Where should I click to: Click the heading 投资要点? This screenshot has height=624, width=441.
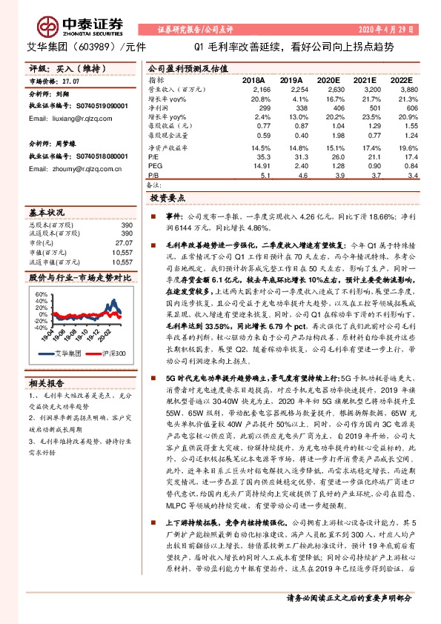167,199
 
